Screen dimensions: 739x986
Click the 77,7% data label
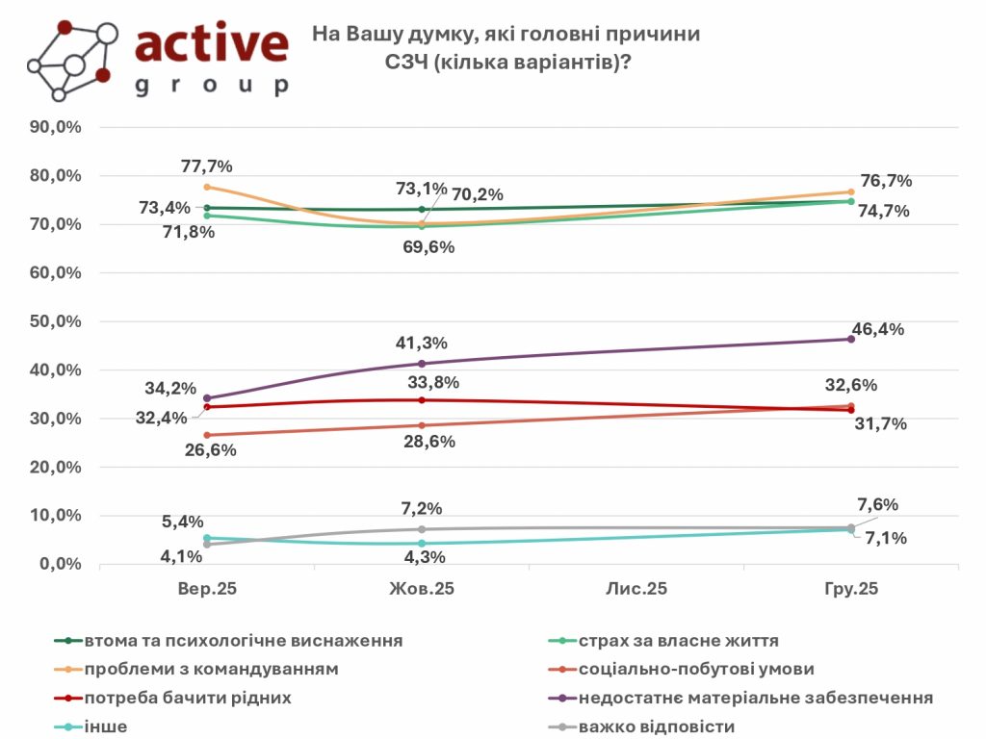click(206, 166)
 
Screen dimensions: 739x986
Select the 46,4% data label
click(878, 329)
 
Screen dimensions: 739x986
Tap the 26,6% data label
click(210, 447)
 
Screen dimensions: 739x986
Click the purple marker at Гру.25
click(850, 339)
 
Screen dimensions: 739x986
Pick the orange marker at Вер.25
click(207, 187)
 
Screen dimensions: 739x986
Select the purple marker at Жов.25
click(422, 363)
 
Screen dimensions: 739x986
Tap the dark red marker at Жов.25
click(422, 400)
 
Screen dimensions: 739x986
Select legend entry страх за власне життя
click(679, 640)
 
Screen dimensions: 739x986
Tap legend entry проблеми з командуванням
click(211, 669)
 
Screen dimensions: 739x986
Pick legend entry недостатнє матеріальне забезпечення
click(755, 698)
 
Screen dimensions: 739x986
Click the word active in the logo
click(212, 43)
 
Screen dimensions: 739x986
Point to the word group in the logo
click(212, 86)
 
